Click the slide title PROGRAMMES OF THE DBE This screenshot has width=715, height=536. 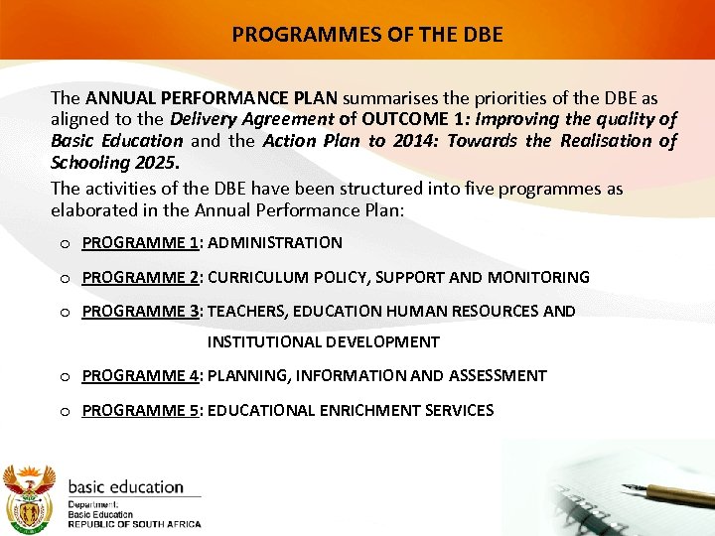pyautogui.click(x=367, y=35)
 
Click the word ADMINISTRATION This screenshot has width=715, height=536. pyautogui.click(x=275, y=243)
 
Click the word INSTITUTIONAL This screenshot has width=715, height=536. pyautogui.click(x=261, y=342)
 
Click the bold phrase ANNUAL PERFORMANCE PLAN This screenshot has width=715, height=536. pyautogui.click(x=213, y=99)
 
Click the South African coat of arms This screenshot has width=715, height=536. pyautogui.click(x=30, y=498)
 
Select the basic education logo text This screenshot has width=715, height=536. pyautogui.click(x=125, y=487)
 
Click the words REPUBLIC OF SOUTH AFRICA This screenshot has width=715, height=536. pyautogui.click(x=134, y=524)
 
